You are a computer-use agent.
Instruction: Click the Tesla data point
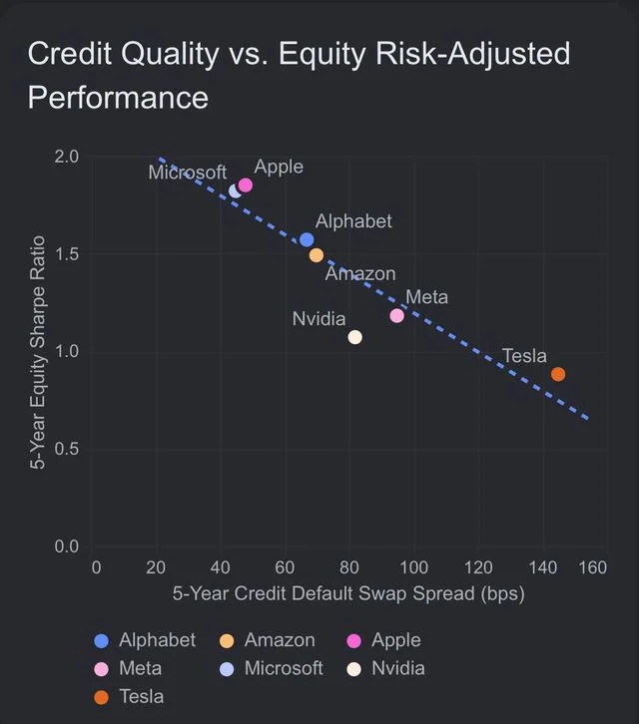pos(558,374)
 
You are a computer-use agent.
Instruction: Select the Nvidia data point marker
pos(355,337)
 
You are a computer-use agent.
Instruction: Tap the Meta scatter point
pos(396,316)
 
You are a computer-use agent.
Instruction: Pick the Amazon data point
pos(317,255)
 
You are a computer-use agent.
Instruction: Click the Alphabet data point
pos(307,239)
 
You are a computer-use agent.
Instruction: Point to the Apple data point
pos(245,185)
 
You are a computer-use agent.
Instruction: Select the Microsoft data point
pos(234,191)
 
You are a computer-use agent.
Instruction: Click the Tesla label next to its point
pos(524,356)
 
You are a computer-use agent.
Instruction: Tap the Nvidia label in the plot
pos(319,319)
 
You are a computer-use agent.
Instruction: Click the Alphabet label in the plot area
pos(353,221)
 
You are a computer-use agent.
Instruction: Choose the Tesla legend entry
pos(129,697)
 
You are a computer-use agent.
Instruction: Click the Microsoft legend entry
pos(271,668)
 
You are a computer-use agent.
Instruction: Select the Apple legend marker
pos(353,641)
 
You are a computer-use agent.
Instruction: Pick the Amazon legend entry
pos(268,640)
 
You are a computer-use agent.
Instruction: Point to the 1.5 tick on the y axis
pos(67,254)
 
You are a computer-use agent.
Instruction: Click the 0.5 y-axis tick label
pos(67,449)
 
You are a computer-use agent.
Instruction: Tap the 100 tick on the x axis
pos(413,567)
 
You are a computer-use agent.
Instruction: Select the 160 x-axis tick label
pos(593,567)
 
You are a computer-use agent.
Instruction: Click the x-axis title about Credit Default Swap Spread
pos(348,593)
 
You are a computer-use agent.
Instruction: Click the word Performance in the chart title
pos(119,98)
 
